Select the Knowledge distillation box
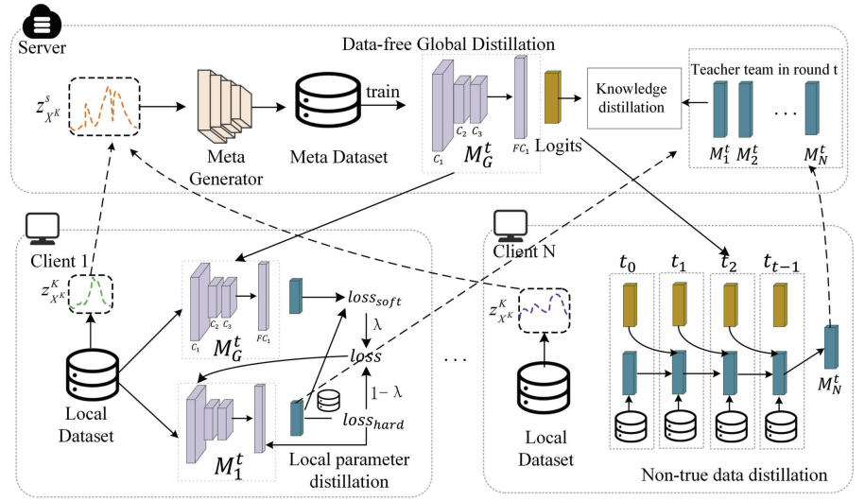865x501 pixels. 631,95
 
